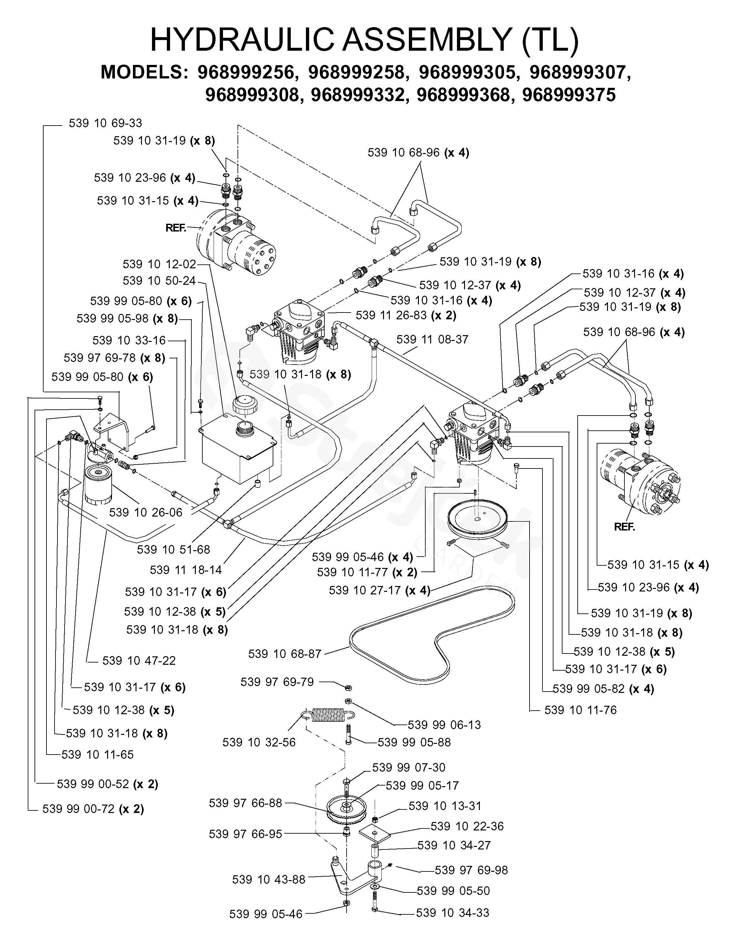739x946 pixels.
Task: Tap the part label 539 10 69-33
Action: point(105,123)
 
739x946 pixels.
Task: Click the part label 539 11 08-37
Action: point(432,340)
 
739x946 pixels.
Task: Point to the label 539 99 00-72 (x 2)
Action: point(93,809)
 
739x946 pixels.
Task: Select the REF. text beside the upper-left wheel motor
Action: point(176,228)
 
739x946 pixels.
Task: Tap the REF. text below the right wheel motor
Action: point(624,527)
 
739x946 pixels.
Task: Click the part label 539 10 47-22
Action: point(139,661)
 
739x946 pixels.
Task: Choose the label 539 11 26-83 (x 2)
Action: point(406,315)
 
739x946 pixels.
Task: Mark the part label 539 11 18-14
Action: point(186,570)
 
